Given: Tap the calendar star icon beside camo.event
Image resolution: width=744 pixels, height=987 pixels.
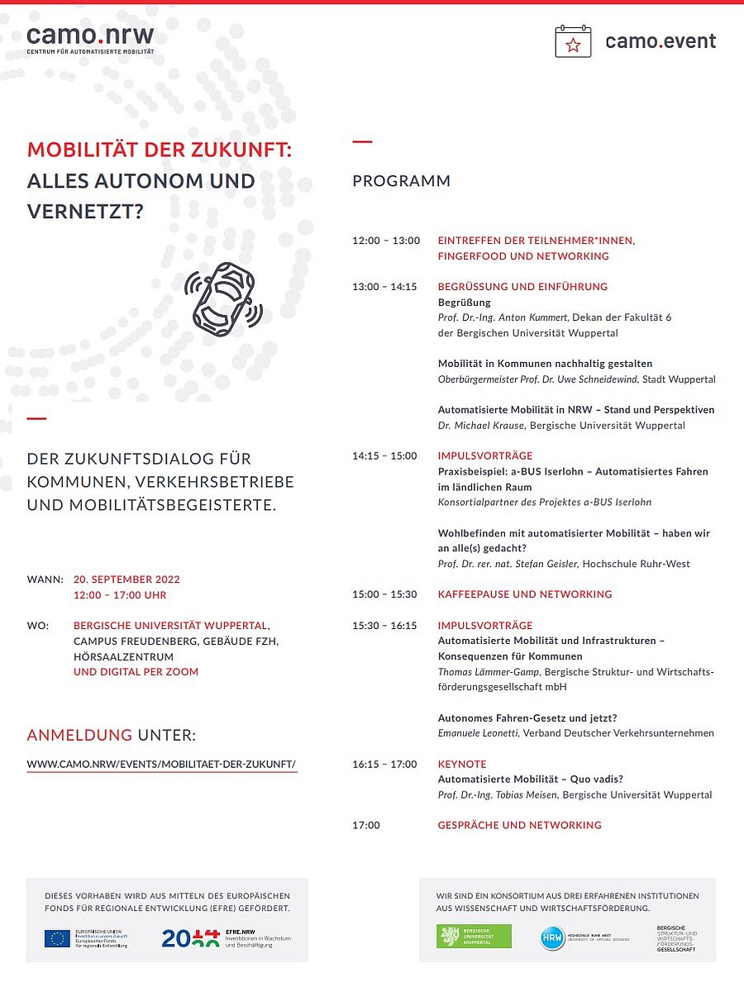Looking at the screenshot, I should pyautogui.click(x=573, y=41).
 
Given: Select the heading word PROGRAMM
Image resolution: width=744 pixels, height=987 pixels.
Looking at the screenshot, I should pyautogui.click(x=402, y=181).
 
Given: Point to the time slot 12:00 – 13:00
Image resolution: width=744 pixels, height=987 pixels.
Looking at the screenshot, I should pyautogui.click(x=386, y=241).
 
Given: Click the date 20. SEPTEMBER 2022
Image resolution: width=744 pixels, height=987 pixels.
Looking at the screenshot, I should pyautogui.click(x=126, y=579).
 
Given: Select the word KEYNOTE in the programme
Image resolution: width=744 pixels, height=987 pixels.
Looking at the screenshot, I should pyautogui.click(x=462, y=764).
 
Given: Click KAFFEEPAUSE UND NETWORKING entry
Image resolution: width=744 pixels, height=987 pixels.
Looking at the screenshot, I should pyautogui.click(x=525, y=594).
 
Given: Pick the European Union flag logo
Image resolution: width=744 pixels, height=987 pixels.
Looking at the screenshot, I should pyautogui.click(x=57, y=938).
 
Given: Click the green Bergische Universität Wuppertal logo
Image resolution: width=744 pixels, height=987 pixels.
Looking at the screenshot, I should pyautogui.click(x=474, y=937).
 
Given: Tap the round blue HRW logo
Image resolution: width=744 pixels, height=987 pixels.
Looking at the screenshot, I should pyautogui.click(x=553, y=937).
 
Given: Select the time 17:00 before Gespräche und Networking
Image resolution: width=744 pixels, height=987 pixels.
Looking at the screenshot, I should pyautogui.click(x=366, y=825).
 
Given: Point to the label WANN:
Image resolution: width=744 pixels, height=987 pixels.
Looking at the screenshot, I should pyautogui.click(x=45, y=579).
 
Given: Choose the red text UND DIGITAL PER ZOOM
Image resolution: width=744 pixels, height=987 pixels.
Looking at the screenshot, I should pyautogui.click(x=136, y=672).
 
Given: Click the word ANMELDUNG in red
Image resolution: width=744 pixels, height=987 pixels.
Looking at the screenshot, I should pyautogui.click(x=79, y=735).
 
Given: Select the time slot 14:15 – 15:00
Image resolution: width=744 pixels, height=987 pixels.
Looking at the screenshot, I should pyautogui.click(x=384, y=455).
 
